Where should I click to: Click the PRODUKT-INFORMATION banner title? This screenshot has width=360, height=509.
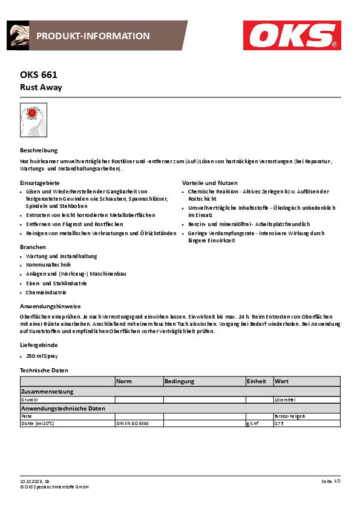point(93,36)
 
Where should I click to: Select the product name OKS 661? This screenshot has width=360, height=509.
point(39,76)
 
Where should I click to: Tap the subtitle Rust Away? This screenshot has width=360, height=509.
point(41,87)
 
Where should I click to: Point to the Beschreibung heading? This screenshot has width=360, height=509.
point(39,150)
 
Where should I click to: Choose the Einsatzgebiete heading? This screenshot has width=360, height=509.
point(40,183)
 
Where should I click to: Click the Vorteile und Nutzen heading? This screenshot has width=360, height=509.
point(210,183)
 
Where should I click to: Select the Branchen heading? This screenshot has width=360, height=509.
point(33,247)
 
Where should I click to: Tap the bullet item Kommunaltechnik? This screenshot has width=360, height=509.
point(48,265)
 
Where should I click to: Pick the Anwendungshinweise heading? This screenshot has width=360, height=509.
point(50,306)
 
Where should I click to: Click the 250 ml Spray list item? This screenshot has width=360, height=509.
point(42,356)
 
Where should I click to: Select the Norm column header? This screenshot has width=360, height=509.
point(124,381)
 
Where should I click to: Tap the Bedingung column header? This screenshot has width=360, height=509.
point(180,381)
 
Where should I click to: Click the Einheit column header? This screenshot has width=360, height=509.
point(257,381)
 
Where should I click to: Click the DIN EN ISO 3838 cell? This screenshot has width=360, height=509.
point(132,424)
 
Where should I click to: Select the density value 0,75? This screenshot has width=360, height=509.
point(279,424)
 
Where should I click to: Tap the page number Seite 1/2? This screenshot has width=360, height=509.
point(331,481)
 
